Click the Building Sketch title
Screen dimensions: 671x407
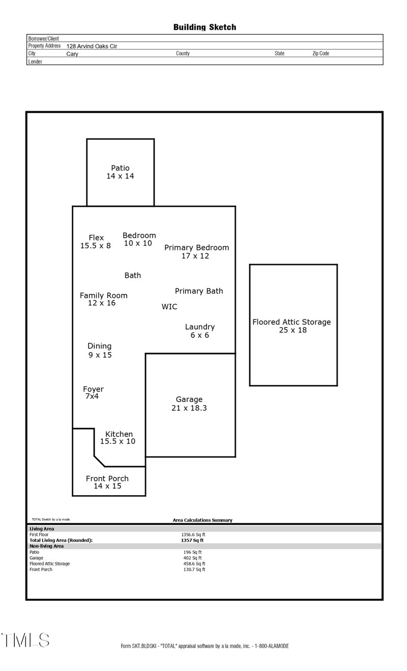[x=205, y=27]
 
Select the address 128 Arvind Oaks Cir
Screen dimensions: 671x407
[x=92, y=46]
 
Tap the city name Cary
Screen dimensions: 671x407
[x=72, y=53]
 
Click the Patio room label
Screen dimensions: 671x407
[x=120, y=168]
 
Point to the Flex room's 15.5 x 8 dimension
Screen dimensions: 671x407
[x=96, y=246]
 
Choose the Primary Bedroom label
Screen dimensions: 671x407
[x=196, y=248]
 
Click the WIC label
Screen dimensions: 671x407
[x=169, y=307]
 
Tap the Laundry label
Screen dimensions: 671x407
[x=199, y=327]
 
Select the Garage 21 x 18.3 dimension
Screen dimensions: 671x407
[x=189, y=408]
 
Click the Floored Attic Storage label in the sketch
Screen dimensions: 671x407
[x=292, y=322]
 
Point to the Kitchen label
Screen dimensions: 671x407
[x=119, y=434]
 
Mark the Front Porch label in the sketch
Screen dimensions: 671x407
[x=107, y=478]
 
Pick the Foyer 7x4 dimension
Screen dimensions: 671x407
[x=95, y=396]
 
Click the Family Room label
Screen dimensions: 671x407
[x=104, y=296]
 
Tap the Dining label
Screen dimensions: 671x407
[x=99, y=346]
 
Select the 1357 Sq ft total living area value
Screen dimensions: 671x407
[x=192, y=540]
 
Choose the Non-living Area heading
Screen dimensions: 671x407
[x=46, y=546]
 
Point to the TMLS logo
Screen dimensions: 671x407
[x=25, y=640]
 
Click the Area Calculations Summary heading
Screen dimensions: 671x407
[x=202, y=520]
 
